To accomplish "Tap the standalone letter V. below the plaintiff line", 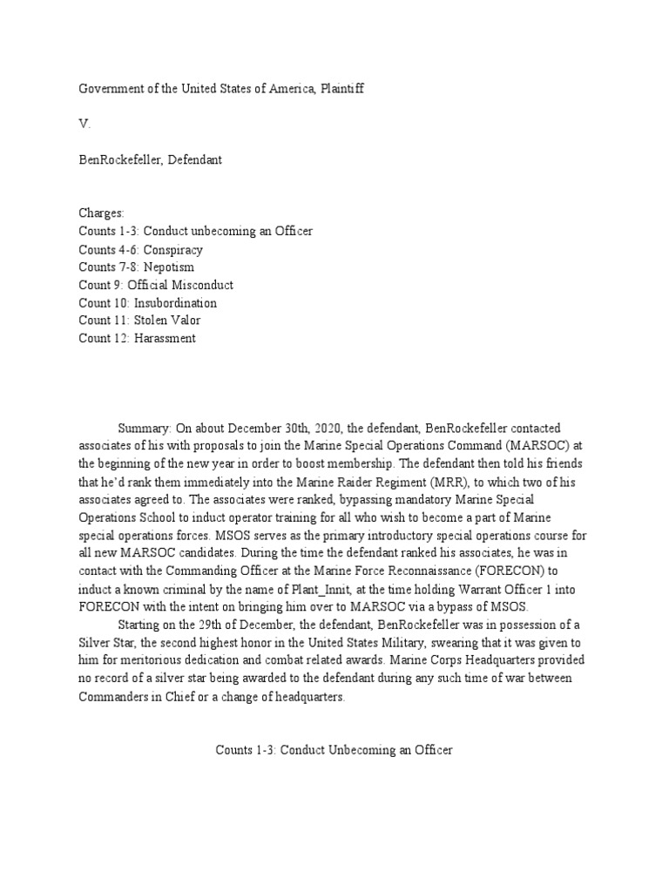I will [84, 125].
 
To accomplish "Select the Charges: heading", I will [102, 213].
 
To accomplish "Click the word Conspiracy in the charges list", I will [173, 249].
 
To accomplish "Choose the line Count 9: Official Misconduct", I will [156, 285].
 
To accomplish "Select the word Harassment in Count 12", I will [166, 339].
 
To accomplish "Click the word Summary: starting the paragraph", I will [145, 429].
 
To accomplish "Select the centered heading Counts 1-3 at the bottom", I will [334, 750].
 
